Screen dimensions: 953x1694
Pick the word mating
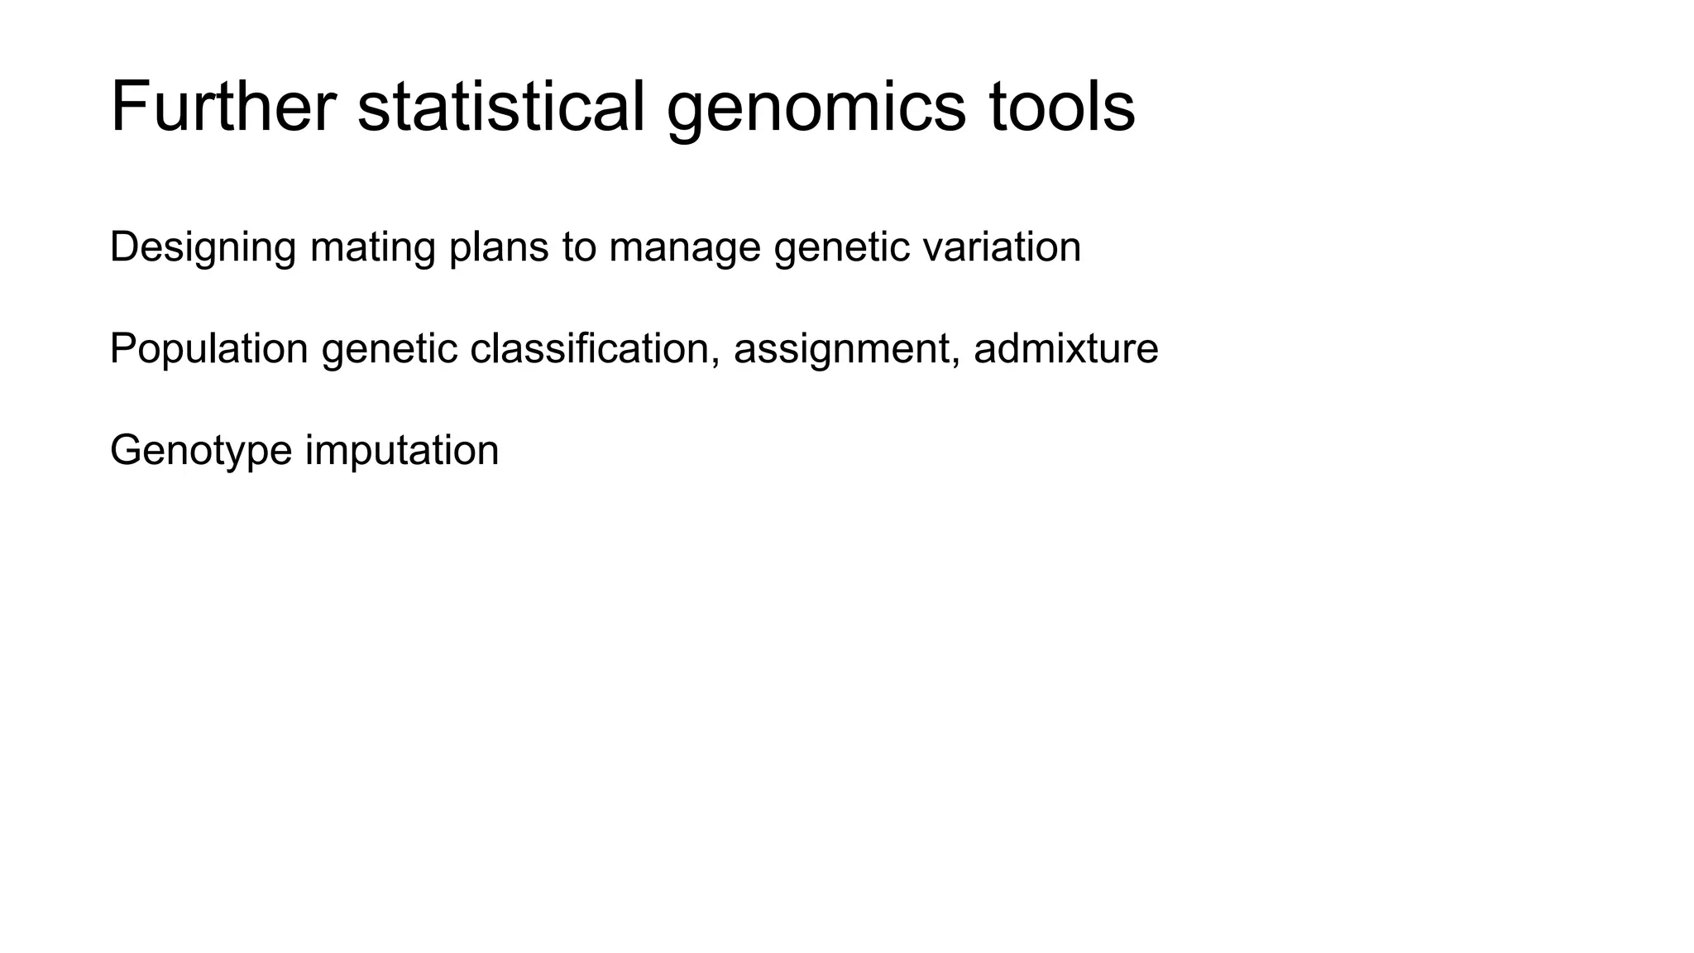point(372,247)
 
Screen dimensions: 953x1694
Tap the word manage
point(684,249)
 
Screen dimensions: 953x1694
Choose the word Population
point(208,349)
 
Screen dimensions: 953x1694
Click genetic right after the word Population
point(389,349)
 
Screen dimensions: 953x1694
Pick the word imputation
point(402,451)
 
